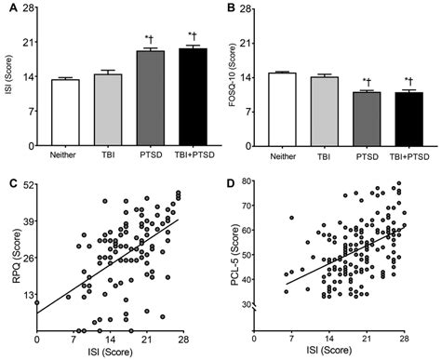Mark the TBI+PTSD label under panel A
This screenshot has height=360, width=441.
(x=193, y=152)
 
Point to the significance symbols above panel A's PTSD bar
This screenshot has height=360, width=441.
(x=151, y=40)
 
